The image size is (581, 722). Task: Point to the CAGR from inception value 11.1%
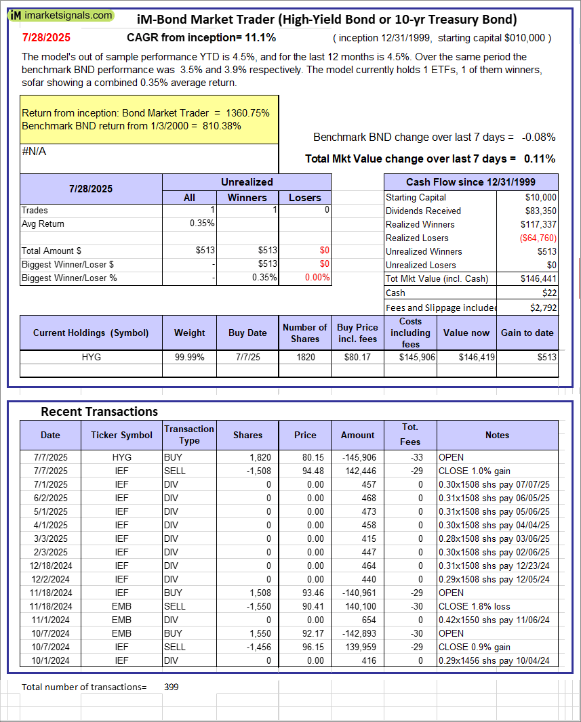click(264, 38)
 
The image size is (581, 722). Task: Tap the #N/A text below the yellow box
click(34, 152)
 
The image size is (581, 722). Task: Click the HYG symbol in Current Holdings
click(91, 357)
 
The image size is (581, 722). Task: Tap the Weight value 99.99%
click(190, 357)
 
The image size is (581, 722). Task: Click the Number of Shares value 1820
click(305, 357)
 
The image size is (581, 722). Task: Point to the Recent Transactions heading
click(99, 412)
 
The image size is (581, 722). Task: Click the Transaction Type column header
click(189, 435)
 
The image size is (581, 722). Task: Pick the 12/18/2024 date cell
click(49, 566)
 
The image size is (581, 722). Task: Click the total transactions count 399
click(172, 687)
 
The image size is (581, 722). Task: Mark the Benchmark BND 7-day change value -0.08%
click(538, 137)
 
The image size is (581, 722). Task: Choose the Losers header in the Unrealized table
click(305, 198)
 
